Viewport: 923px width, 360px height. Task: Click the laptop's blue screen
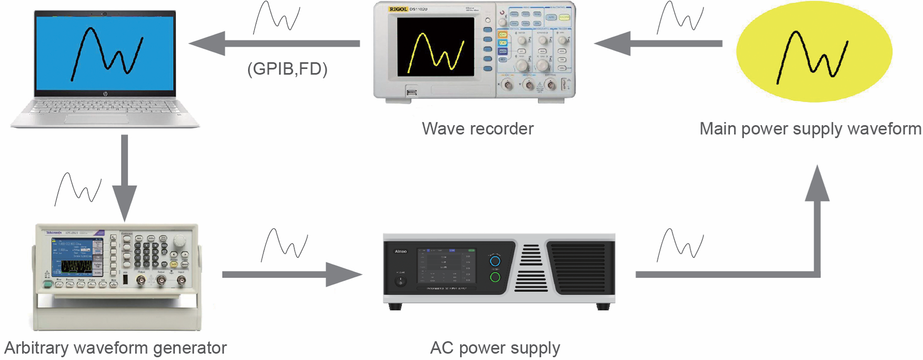pos(105,54)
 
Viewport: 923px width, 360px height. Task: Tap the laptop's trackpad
pos(96,119)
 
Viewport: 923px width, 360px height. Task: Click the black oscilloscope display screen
pos(435,47)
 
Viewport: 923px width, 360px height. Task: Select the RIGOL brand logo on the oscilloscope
pos(398,9)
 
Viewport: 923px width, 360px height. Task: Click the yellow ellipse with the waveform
pos(814,51)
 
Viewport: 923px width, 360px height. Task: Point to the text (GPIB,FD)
pos(287,69)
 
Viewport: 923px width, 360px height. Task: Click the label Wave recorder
pos(477,129)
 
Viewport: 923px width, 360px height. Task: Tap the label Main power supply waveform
pos(810,129)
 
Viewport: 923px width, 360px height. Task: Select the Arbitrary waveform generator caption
pos(115,348)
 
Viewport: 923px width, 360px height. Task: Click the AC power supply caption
pos(495,348)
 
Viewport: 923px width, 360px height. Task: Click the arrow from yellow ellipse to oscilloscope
pos(657,44)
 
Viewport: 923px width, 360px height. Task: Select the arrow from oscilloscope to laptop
pos(274,44)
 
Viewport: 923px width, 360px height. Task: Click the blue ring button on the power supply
pos(495,261)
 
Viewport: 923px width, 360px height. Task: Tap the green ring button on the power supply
pos(495,277)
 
